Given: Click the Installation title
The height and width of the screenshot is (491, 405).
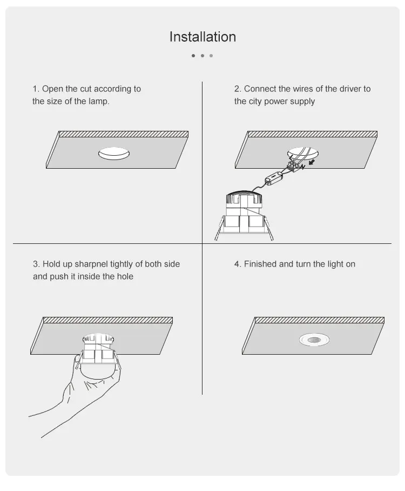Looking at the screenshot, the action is tap(202, 37).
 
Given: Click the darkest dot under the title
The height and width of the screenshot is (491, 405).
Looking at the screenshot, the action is tap(193, 55).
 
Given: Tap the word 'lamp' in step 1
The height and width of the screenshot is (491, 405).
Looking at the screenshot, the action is tap(99, 101).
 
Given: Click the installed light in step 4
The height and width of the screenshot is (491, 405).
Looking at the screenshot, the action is tap(314, 340).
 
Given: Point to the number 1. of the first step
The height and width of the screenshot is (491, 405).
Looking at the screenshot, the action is tap(36, 89).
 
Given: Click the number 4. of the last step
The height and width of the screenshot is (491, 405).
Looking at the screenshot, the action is tap(238, 264).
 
